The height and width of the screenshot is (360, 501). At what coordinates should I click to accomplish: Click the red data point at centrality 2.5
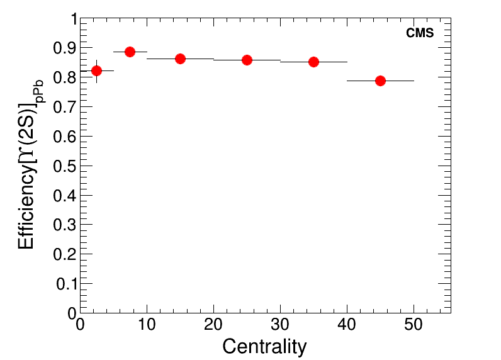tap(96, 70)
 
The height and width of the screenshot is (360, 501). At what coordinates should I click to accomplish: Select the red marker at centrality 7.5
tap(130, 52)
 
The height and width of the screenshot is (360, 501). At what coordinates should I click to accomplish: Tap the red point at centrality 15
tap(180, 59)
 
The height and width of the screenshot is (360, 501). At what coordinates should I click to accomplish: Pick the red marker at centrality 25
tap(247, 60)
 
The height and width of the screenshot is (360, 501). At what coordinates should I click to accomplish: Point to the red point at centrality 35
tap(313, 62)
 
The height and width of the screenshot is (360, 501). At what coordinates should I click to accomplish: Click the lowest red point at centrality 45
tap(380, 81)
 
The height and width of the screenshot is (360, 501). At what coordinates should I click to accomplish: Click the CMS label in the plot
tap(420, 33)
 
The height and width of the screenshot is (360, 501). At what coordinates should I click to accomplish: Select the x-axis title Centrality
tap(264, 346)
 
